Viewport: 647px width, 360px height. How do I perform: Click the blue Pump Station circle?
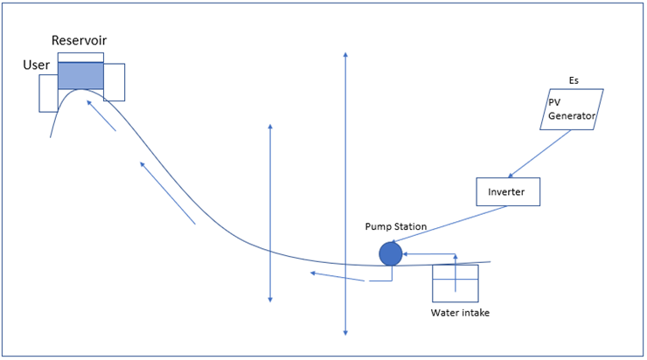(x=390, y=253)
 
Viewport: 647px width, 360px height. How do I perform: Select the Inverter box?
(x=507, y=191)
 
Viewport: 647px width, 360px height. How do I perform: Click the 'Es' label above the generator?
(x=574, y=80)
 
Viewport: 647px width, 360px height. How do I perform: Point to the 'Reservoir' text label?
(x=79, y=41)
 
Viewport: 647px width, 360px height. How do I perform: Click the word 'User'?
(x=36, y=66)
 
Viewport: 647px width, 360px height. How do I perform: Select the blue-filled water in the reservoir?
(x=80, y=76)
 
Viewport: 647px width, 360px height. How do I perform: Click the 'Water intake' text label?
(x=460, y=312)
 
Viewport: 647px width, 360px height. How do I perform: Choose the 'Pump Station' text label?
(x=396, y=226)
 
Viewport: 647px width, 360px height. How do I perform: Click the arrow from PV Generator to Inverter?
(x=539, y=154)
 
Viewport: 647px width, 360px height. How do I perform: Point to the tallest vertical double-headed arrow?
(x=346, y=192)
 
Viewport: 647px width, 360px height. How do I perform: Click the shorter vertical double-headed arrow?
(x=270, y=214)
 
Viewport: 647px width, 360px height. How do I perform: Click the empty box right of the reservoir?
(x=115, y=82)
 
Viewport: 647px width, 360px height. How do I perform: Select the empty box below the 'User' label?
(x=47, y=94)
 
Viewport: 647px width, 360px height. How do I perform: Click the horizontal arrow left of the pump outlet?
(x=337, y=277)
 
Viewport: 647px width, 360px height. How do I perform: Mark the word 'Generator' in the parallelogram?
(x=572, y=116)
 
